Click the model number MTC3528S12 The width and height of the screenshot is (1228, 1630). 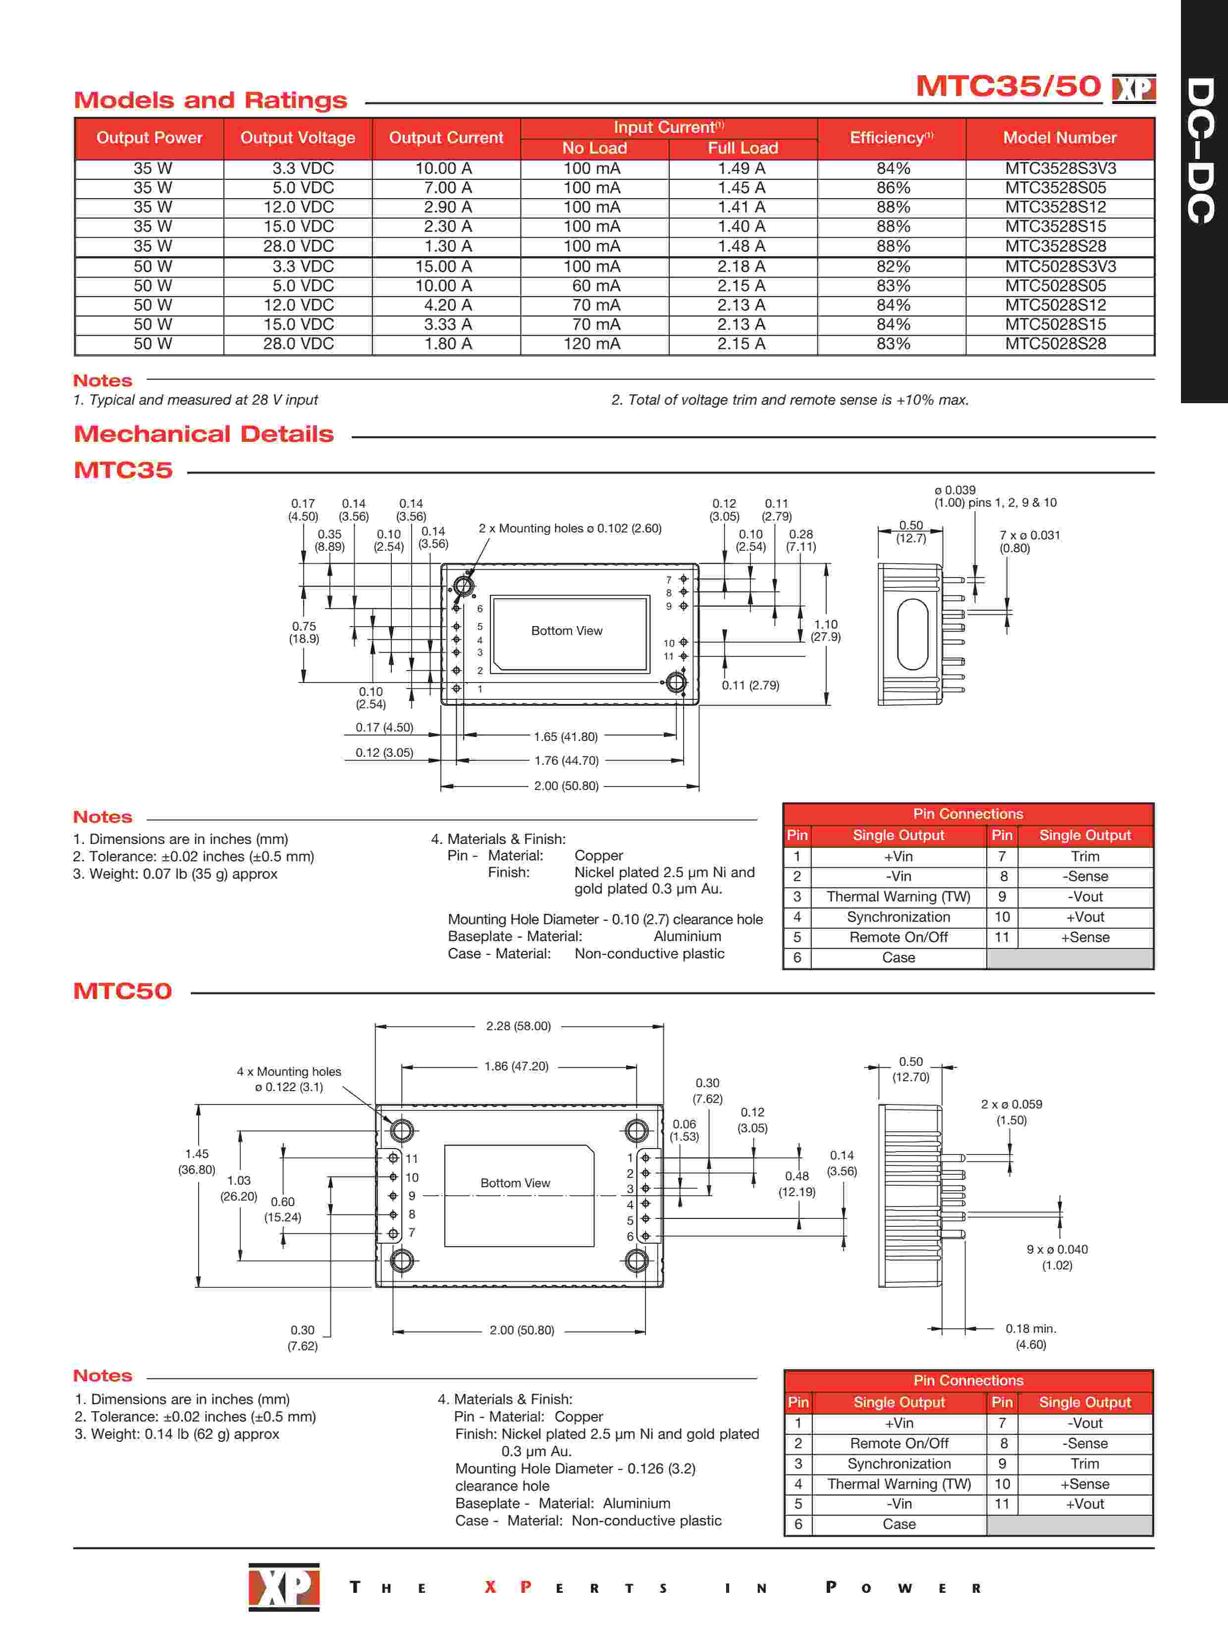pyautogui.click(x=1056, y=207)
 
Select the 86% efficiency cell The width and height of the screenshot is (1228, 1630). pyautogui.click(x=893, y=188)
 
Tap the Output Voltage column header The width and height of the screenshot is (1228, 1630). pyautogui.click(x=298, y=138)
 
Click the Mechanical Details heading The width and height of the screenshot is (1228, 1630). pyautogui.click(x=204, y=434)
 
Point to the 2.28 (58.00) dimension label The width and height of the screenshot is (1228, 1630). pyautogui.click(x=518, y=1026)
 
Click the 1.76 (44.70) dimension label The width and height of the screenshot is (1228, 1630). pyautogui.click(x=566, y=760)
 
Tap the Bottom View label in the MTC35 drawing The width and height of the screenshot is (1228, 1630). pyautogui.click(x=567, y=631)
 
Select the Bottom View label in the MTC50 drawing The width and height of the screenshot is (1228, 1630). pyautogui.click(x=515, y=1183)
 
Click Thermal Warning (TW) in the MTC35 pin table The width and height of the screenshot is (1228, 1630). pyautogui.click(x=899, y=897)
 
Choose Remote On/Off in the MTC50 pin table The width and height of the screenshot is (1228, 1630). pyautogui.click(x=899, y=1444)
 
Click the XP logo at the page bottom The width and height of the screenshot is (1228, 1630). pyautogui.click(x=284, y=1586)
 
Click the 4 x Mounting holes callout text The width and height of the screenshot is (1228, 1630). pyautogui.click(x=289, y=1079)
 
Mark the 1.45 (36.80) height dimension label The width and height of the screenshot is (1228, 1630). pyautogui.click(x=197, y=1161)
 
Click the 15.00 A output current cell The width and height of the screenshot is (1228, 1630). pyautogui.click(x=447, y=266)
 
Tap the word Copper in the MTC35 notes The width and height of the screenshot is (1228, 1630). pyautogui.click(x=598, y=855)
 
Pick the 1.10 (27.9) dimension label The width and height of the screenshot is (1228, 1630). pyautogui.click(x=826, y=631)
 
